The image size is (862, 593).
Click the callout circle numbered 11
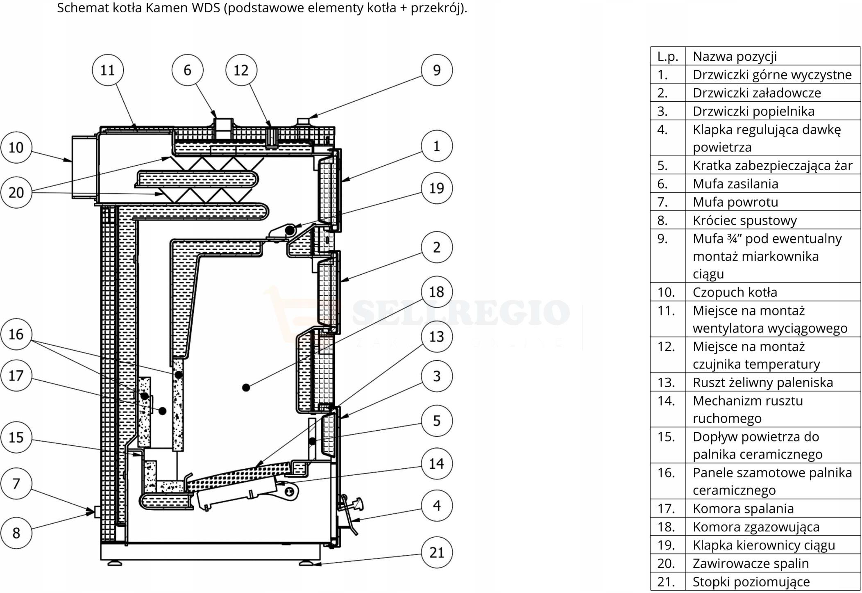pyautogui.click(x=108, y=70)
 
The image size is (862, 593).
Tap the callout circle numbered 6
pyautogui.click(x=187, y=70)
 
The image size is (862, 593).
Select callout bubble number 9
pyautogui.click(x=437, y=70)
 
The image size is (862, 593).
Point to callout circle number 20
pyautogui.click(x=16, y=192)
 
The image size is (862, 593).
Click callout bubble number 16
pyautogui.click(x=16, y=334)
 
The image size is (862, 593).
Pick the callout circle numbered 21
pyautogui.click(x=437, y=552)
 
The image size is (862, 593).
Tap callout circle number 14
pyautogui.click(x=437, y=463)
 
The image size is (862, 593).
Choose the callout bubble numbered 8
pyautogui.click(x=16, y=533)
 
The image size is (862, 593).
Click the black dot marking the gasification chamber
pyautogui.click(x=246, y=387)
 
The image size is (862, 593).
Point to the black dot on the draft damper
pyautogui.click(x=290, y=230)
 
